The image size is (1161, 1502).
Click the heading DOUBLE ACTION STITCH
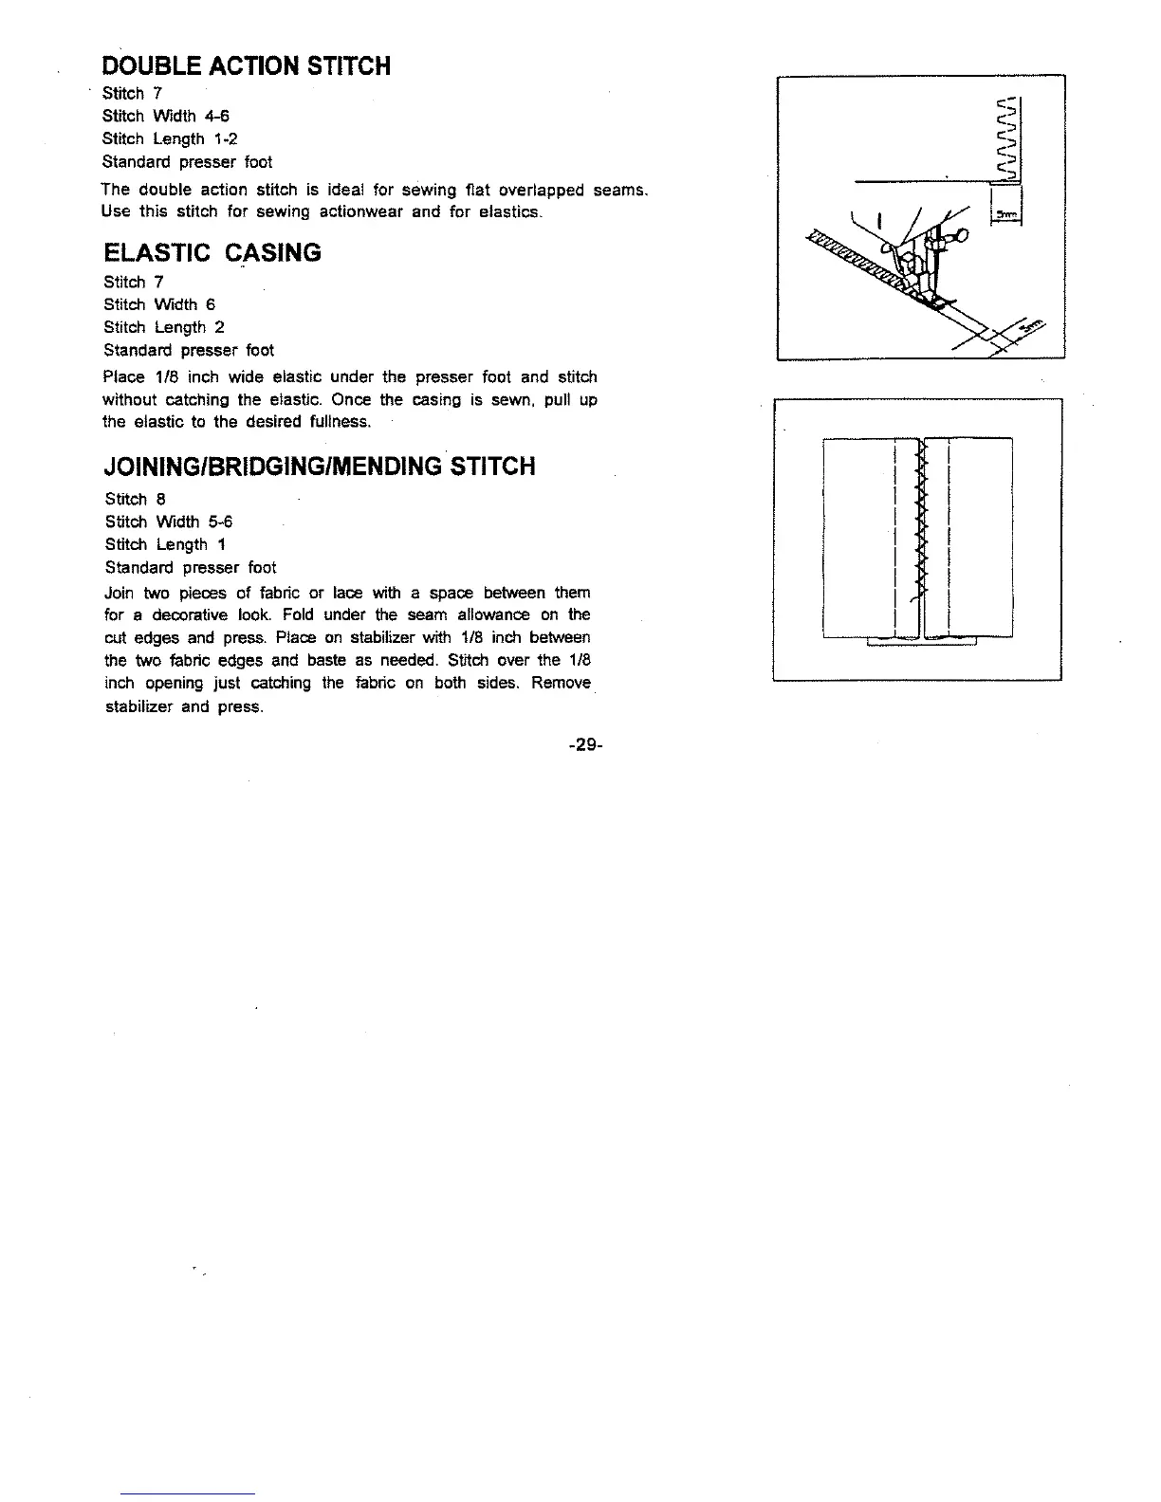pyautogui.click(x=246, y=65)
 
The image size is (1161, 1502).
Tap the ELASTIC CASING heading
pyautogui.click(x=212, y=253)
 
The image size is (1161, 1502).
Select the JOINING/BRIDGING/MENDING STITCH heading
pyautogui.click(x=320, y=467)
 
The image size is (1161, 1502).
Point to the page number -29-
pyautogui.click(x=584, y=744)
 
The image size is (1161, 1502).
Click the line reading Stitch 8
pyautogui.click(x=136, y=499)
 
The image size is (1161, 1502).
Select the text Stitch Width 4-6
pyautogui.click(x=166, y=116)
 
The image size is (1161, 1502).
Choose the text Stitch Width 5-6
pyautogui.click(x=169, y=522)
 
